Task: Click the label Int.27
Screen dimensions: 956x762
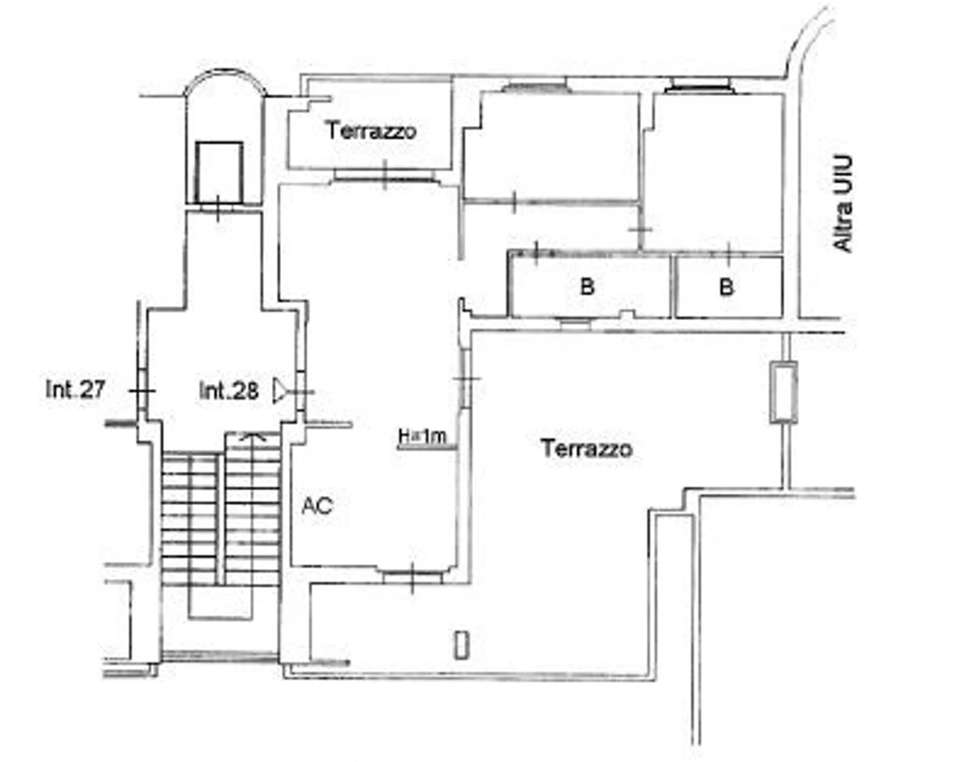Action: coord(75,390)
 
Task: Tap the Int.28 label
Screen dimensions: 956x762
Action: coord(228,391)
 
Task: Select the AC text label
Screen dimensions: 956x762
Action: coord(317,506)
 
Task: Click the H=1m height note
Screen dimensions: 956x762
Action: coord(422,436)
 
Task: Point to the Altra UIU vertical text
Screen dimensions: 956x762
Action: coord(843,203)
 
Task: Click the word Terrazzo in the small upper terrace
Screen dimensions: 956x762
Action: coord(371,131)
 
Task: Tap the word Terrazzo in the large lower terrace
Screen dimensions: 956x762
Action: coord(587,449)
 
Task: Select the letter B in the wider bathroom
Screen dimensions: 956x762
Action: coord(587,287)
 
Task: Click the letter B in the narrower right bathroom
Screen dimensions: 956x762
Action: coord(727,288)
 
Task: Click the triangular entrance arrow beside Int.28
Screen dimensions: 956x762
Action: coord(279,391)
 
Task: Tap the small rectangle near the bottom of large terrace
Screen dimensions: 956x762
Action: coord(461,645)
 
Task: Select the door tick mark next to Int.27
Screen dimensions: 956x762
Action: coord(142,391)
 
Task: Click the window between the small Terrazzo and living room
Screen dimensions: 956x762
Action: coord(385,176)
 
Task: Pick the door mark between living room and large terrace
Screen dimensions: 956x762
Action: coord(467,379)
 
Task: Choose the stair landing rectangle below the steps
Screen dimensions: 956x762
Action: coord(220,601)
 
